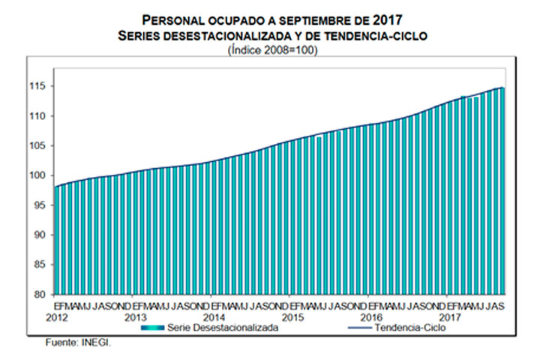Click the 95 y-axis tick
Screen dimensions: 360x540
(x=42, y=205)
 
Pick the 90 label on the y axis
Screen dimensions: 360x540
(x=42, y=235)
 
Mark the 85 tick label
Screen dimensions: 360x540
(x=42, y=265)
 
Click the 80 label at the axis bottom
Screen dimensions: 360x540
(x=42, y=294)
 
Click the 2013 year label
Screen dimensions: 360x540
(x=135, y=317)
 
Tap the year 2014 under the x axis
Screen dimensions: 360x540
(x=214, y=317)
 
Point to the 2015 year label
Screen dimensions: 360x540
(x=292, y=317)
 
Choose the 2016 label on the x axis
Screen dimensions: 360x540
(x=370, y=317)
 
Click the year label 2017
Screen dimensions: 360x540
(x=450, y=317)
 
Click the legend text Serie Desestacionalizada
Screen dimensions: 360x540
(x=214, y=328)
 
